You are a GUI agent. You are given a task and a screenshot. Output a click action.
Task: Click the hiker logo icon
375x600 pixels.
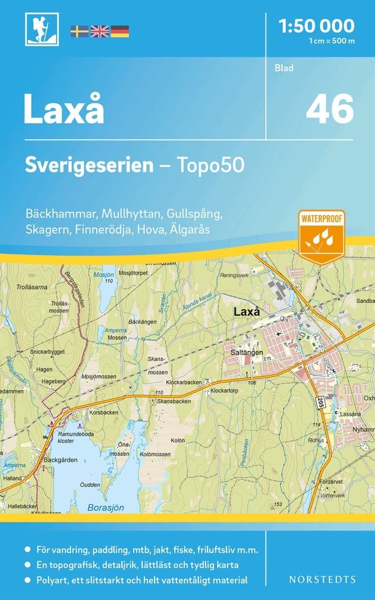[42, 29]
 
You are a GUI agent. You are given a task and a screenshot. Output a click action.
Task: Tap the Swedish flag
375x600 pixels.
[79, 31]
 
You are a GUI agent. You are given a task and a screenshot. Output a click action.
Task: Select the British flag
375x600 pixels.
[99, 31]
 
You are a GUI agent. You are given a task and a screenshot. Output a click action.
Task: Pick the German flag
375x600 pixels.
[120, 31]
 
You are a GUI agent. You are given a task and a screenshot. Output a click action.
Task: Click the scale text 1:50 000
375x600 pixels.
[317, 25]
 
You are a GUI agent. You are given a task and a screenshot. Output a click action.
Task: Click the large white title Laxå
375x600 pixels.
[64, 109]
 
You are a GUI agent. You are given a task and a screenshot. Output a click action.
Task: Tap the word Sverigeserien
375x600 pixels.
[89, 165]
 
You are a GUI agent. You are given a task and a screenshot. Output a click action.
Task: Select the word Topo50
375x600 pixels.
[210, 165]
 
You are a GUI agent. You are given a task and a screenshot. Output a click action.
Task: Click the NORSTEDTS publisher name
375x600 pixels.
[322, 579]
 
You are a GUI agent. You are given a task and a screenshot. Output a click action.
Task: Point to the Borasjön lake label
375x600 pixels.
[106, 507]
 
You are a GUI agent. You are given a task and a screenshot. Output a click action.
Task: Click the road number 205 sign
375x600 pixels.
[320, 402]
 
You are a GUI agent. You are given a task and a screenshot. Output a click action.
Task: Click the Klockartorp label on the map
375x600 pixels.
[224, 391]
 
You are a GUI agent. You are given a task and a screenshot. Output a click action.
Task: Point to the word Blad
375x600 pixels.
[284, 67]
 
